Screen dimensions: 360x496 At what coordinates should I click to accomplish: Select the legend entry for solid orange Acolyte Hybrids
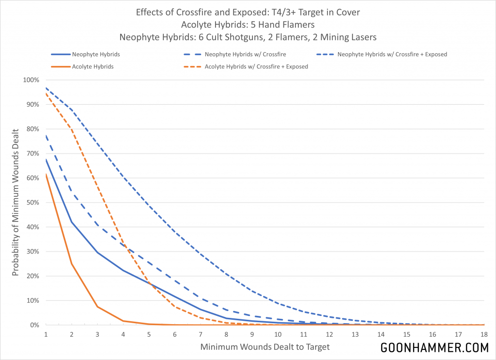pos(93,66)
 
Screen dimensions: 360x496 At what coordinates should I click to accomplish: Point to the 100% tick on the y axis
pos(32,80)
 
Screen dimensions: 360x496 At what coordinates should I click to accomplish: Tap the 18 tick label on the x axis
pos(484,334)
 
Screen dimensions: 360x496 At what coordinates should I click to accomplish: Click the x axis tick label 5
pos(149,334)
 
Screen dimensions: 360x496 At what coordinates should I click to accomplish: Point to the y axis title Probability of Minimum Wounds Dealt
pos(15,202)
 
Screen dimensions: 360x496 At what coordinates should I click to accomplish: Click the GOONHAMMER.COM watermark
pos(434,348)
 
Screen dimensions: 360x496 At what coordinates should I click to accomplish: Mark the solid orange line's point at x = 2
pos(72,264)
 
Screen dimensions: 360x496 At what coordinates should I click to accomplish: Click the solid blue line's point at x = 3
pos(97,252)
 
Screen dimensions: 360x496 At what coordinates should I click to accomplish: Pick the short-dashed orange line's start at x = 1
pos(46,93)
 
